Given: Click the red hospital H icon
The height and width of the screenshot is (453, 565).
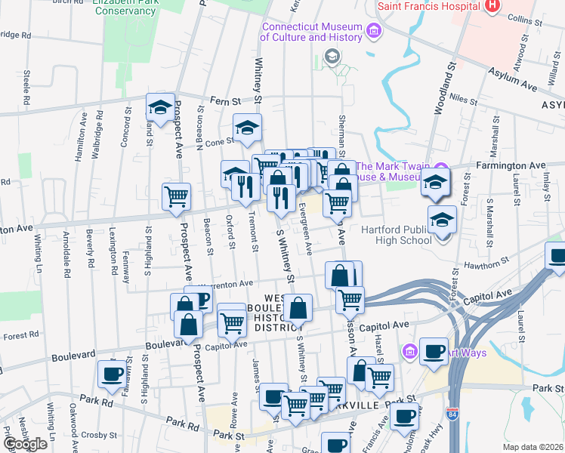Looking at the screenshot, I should (493, 6).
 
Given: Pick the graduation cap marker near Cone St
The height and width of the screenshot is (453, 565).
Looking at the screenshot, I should (246, 128).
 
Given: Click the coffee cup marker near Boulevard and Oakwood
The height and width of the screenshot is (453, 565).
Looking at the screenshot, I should (112, 374).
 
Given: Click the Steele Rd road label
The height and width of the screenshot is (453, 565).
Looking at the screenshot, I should (26, 88).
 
